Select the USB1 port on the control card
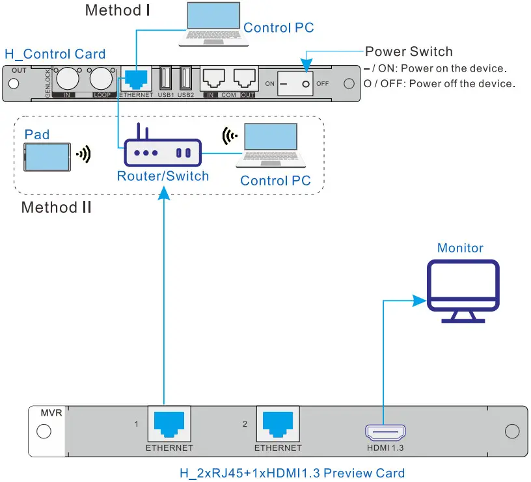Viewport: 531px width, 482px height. coord(165,79)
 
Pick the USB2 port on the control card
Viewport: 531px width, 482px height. coord(185,79)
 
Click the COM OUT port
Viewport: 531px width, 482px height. coord(245,79)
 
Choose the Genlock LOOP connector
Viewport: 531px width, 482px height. coord(101,79)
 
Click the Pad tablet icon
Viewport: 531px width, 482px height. coord(48,156)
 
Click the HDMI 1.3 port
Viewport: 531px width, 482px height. coord(385,431)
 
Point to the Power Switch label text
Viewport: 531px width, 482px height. coord(409,51)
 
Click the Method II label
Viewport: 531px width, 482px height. coord(56,208)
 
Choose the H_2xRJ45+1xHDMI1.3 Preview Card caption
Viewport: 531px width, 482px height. coord(292,473)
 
